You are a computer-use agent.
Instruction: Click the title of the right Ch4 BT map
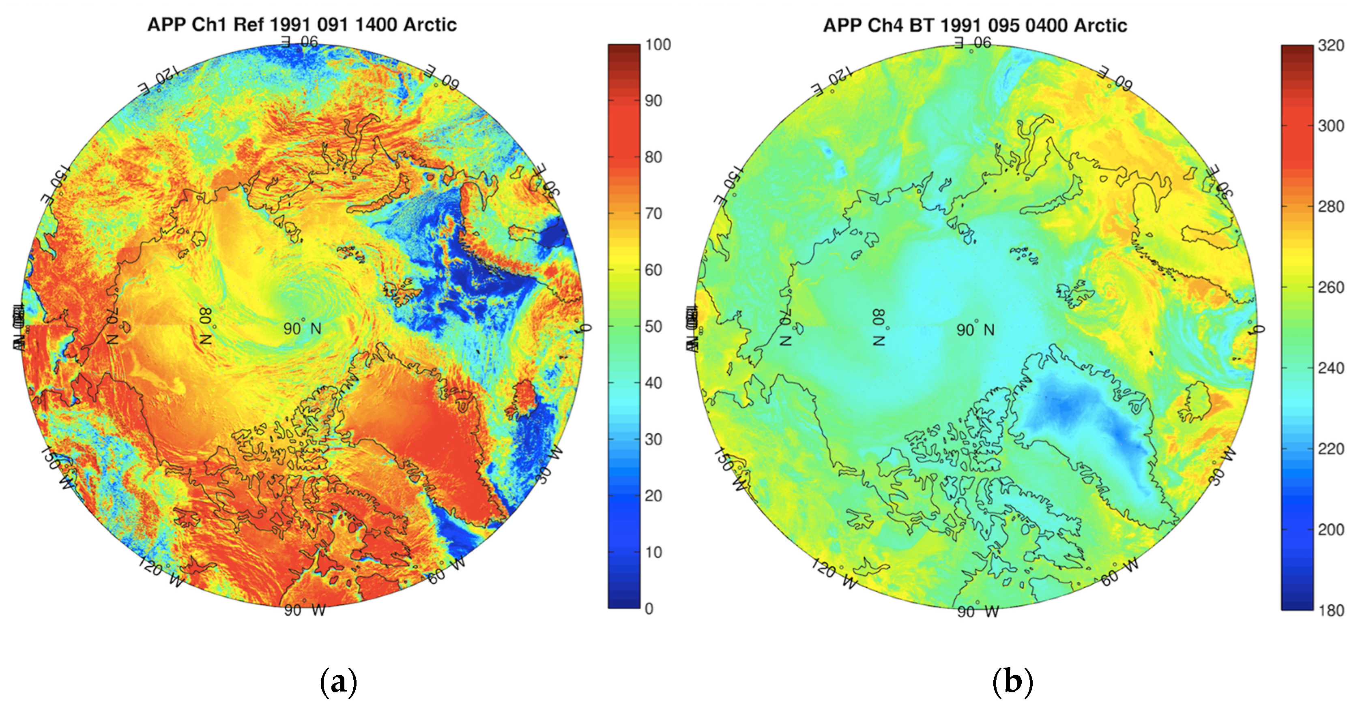[975, 25]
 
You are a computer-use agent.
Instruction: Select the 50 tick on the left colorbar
[653, 327]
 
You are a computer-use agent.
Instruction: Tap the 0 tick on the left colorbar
[649, 608]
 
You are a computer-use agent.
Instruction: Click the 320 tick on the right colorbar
[1330, 45]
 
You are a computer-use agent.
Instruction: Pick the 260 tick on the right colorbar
[1330, 288]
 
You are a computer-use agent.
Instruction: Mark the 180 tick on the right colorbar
[1330, 610]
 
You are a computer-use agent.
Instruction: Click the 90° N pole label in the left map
[302, 329]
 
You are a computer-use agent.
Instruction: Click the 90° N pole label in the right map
[975, 330]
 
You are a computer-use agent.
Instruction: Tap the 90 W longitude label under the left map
[305, 610]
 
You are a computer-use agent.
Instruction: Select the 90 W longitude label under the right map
[978, 612]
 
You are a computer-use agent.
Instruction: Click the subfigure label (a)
[338, 682]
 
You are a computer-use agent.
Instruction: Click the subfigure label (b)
[1012, 682]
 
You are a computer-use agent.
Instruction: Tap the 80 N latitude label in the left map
[206, 326]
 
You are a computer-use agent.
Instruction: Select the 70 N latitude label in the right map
[786, 327]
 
